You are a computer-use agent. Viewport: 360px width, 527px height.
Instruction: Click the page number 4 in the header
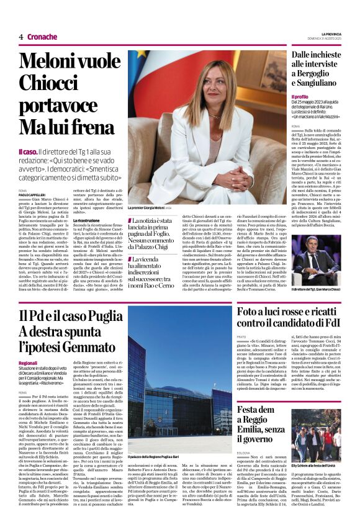[20, 37]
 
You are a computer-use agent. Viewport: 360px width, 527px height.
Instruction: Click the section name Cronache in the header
[42, 37]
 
